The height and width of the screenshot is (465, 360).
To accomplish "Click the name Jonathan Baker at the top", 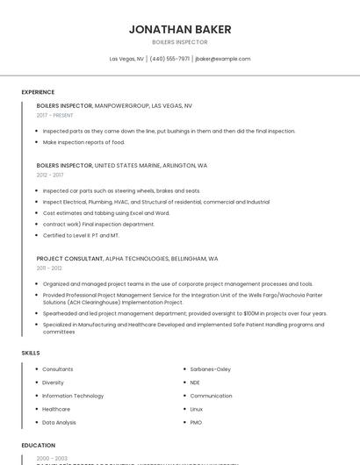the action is click(x=180, y=29).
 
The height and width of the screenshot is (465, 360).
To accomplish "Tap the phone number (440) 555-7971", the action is click(x=169, y=59).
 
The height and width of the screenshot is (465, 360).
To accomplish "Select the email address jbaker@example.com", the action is click(x=223, y=59).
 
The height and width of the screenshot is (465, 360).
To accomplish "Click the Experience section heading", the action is click(x=38, y=92).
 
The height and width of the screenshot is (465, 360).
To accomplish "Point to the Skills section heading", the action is click(x=31, y=353).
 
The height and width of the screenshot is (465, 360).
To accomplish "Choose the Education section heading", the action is click(x=39, y=445).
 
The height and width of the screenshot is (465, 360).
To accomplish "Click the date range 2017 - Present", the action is click(x=55, y=115).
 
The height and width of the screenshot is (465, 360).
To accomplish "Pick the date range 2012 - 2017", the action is click(x=50, y=175).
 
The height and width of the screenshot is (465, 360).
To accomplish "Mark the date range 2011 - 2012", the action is click(x=49, y=268).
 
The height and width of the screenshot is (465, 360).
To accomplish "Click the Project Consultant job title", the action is click(x=69, y=259).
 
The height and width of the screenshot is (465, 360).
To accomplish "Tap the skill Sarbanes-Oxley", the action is click(x=211, y=369).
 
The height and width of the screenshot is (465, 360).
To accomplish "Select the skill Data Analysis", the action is click(x=60, y=422).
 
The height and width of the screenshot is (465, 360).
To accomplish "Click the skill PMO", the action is click(x=197, y=422).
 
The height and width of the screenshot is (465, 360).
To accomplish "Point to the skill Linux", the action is click(x=197, y=409).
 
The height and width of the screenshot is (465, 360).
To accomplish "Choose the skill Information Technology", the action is click(x=73, y=396).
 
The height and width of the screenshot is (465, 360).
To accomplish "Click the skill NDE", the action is click(x=195, y=383).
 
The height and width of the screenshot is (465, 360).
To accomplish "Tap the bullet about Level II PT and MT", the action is click(x=81, y=235).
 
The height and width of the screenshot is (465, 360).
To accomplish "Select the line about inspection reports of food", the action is click(x=83, y=142).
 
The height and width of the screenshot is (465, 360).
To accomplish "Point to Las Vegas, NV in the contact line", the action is click(x=126, y=59).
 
